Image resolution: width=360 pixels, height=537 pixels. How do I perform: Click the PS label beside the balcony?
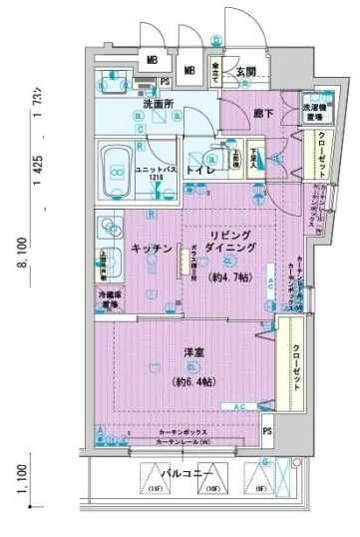point(267,430)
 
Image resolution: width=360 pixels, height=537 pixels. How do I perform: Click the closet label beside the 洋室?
point(297,363)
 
